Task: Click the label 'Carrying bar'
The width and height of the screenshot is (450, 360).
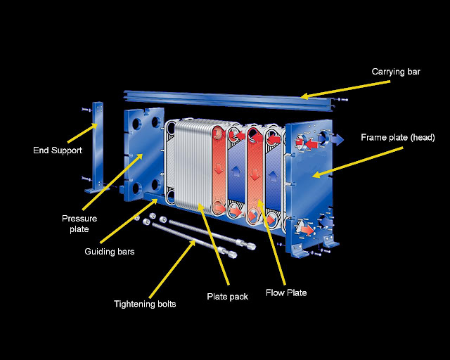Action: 396,72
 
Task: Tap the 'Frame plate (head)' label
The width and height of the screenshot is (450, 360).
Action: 397,138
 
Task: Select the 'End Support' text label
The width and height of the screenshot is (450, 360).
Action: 58,150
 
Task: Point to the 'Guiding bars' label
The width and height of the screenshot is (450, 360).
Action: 109,252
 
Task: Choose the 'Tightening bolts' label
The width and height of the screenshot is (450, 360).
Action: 145,304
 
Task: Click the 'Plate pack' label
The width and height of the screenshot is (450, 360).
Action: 227,297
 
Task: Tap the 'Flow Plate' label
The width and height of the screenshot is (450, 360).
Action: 286,292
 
